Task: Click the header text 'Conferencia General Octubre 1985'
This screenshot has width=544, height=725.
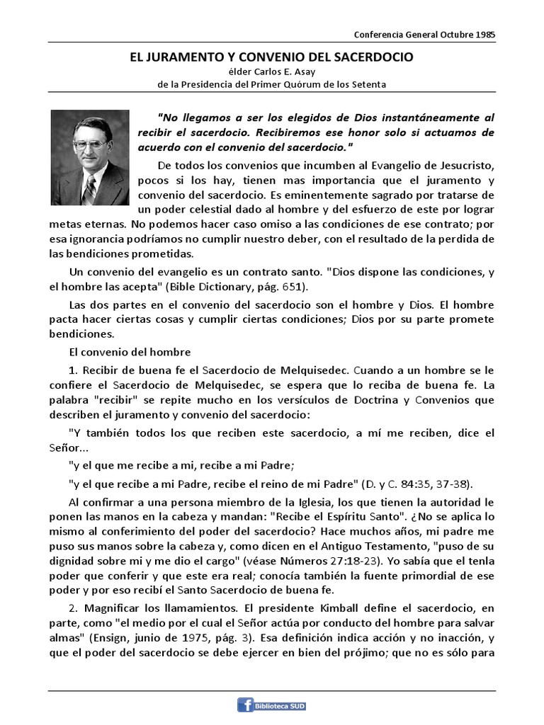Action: (x=424, y=35)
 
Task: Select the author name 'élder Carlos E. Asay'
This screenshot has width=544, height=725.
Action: (x=271, y=72)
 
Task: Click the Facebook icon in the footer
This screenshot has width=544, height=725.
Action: (x=246, y=704)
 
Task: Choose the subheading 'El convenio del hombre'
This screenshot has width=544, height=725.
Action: (x=130, y=351)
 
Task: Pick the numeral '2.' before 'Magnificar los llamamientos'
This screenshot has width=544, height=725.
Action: (x=74, y=608)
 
